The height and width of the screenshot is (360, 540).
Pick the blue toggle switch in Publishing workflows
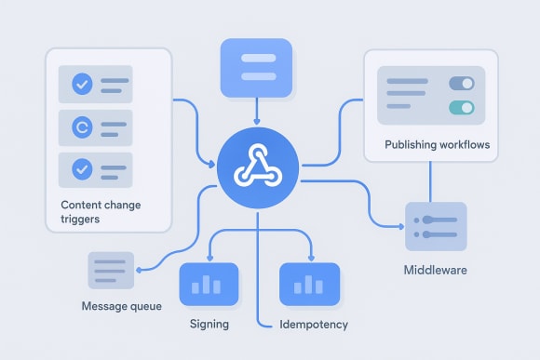461,84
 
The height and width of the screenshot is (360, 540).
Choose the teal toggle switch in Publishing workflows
461,108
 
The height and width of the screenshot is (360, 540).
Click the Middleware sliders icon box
435,226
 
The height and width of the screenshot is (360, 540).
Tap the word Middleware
435,271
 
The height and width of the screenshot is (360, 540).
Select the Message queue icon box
111,271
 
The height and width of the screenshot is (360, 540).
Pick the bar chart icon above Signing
209,285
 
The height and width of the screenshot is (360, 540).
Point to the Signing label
209,324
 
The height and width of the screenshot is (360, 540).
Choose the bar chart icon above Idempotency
310,285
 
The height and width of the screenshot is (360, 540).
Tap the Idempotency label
315,324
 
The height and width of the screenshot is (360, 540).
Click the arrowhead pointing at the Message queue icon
140,270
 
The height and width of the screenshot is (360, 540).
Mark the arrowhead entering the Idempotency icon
310,258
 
